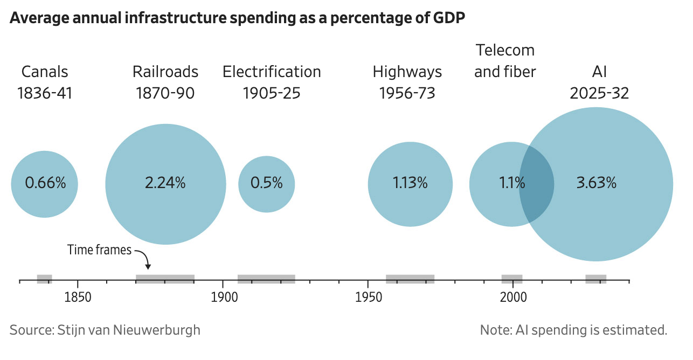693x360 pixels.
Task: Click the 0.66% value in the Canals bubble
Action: pyautogui.click(x=45, y=183)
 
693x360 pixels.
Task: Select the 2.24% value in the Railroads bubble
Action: pyautogui.click(x=165, y=183)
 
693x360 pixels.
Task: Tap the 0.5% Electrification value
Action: pyautogui.click(x=266, y=183)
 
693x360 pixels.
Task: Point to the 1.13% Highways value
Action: pyautogui.click(x=410, y=183)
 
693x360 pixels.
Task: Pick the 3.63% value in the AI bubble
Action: pyautogui.click(x=596, y=183)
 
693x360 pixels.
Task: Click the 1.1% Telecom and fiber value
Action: pyautogui.click(x=512, y=183)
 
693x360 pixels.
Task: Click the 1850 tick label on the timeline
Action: pyautogui.click(x=78, y=297)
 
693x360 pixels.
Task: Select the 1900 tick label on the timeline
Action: pyautogui.click(x=224, y=297)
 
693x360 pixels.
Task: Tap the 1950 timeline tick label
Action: pyautogui.click(x=369, y=297)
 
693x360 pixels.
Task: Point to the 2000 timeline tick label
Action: pyautogui.click(x=513, y=297)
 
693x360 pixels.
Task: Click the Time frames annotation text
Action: pyautogui.click(x=99, y=250)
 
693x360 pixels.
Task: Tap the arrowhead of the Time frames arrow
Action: pyautogui.click(x=148, y=267)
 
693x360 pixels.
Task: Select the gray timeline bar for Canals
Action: pyautogui.click(x=45, y=279)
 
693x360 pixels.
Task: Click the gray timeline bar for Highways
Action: pyautogui.click(x=410, y=279)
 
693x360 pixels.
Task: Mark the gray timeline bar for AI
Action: pyautogui.click(x=596, y=279)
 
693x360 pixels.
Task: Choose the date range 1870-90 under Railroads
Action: pyautogui.click(x=165, y=93)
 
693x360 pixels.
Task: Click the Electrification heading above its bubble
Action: pyautogui.click(x=272, y=72)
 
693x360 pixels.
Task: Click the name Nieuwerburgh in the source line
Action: pyautogui.click(x=156, y=330)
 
